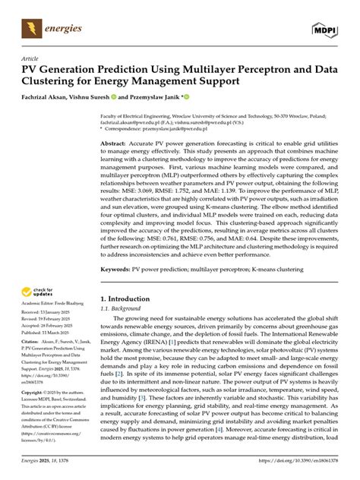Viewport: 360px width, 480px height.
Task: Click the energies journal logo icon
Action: [30, 28]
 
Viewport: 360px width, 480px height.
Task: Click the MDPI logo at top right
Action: [324, 28]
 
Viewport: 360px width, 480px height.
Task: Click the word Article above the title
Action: [30, 58]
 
